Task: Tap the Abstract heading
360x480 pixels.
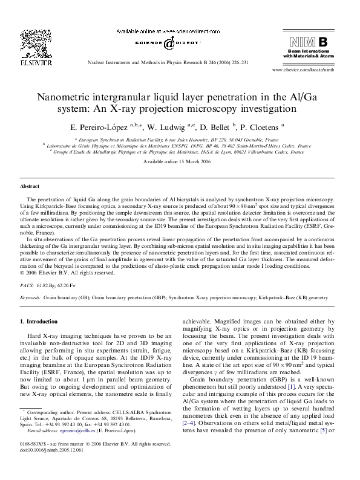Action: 30,187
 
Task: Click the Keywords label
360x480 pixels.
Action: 30,298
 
